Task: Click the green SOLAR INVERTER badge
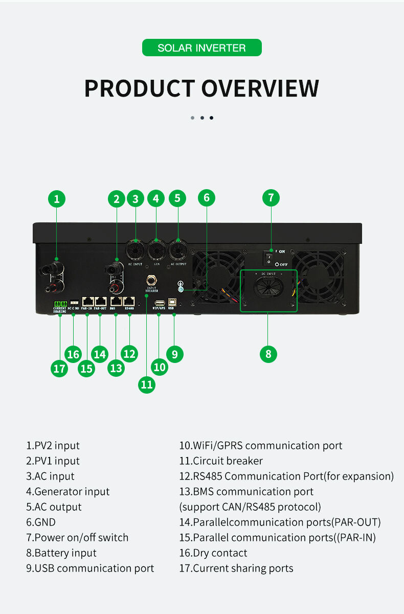[x=201, y=48]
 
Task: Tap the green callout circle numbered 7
[x=271, y=198]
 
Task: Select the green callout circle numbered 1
[x=57, y=199]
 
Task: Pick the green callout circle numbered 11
[x=147, y=384]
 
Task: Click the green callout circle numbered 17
[x=60, y=369]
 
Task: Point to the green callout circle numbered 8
[x=268, y=354]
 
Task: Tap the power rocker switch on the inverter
[x=267, y=257]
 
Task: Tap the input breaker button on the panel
[x=152, y=280]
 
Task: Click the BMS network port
[x=116, y=302]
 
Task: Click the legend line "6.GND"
[x=41, y=522]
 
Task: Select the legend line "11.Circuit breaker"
[x=221, y=461]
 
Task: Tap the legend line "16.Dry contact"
[x=213, y=553]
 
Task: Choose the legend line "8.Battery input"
[x=61, y=553]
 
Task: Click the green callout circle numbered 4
[x=156, y=198]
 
